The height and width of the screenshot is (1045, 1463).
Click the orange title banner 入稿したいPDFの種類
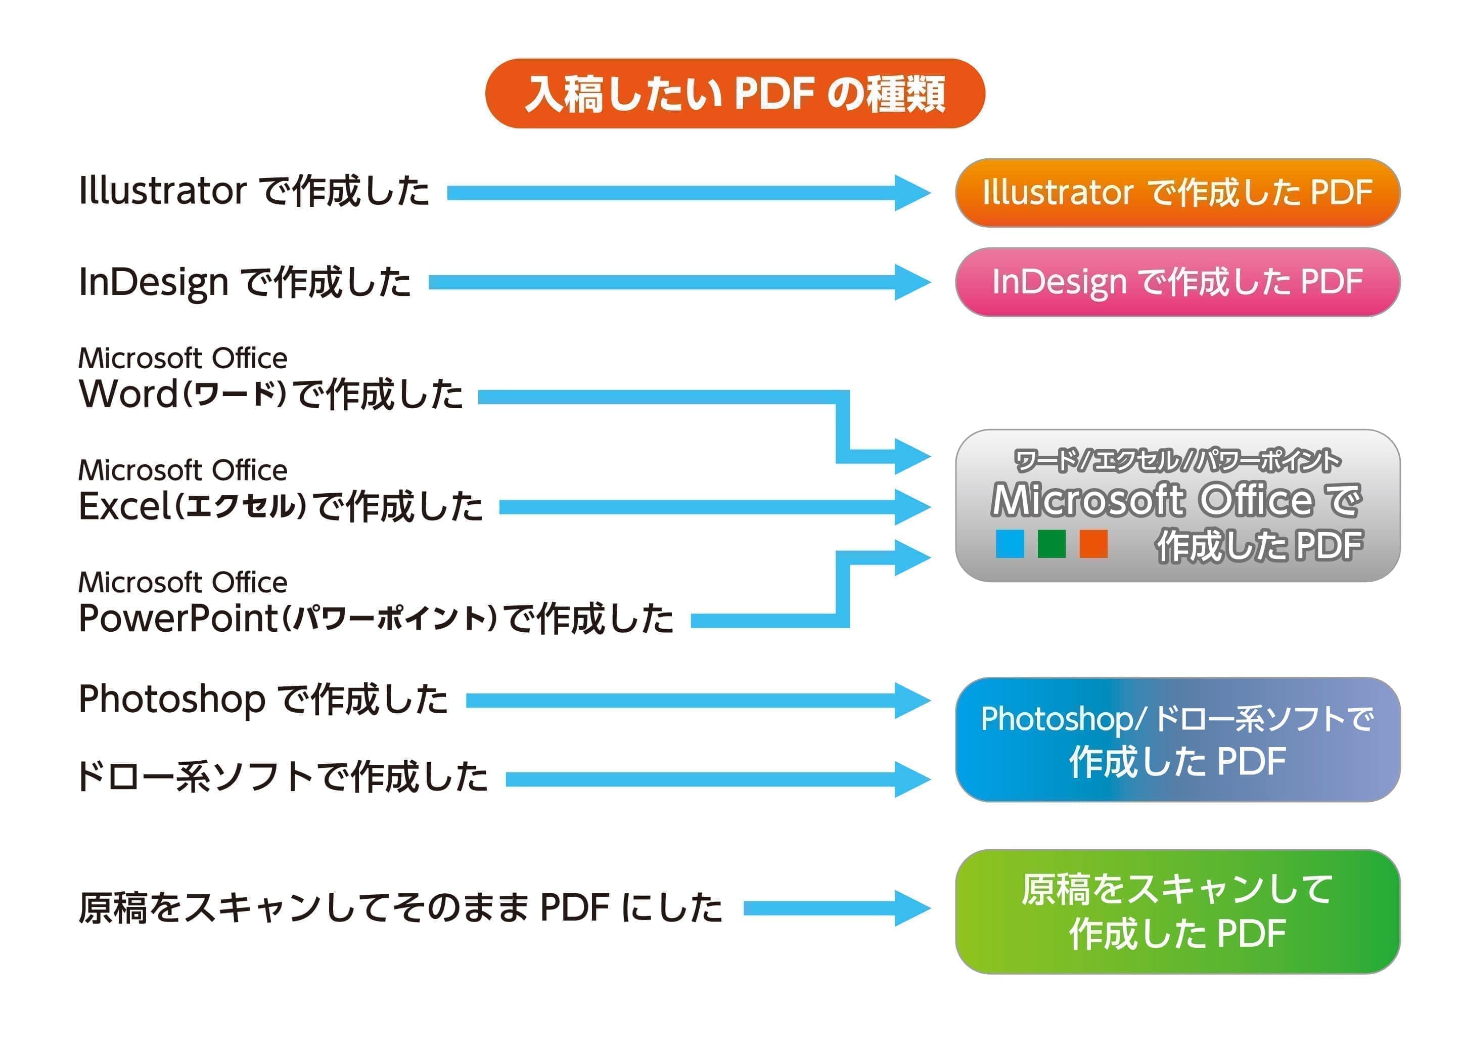coord(735,93)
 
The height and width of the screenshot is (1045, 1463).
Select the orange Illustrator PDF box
coord(1177,192)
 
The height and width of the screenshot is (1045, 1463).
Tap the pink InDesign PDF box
coord(1177,282)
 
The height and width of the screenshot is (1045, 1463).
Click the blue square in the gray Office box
coord(1009,544)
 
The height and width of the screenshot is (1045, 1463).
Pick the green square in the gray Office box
coord(1051,544)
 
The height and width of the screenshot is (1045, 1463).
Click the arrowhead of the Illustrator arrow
coord(912,192)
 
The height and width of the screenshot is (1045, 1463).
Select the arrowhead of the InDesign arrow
coord(912,282)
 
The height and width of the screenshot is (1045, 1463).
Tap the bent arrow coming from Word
coord(842,425)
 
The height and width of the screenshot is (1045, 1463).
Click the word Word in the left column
coord(128,394)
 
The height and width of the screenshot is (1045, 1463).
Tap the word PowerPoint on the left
coord(177,619)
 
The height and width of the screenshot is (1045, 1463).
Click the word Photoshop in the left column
coord(171,700)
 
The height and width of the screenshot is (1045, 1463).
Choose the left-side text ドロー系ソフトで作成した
coord(282,777)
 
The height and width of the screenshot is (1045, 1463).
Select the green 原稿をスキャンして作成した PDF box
coord(1177,911)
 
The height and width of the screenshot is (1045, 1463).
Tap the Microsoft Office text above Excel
coord(182,470)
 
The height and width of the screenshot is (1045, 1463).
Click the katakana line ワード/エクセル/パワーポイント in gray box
coord(1177,461)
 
